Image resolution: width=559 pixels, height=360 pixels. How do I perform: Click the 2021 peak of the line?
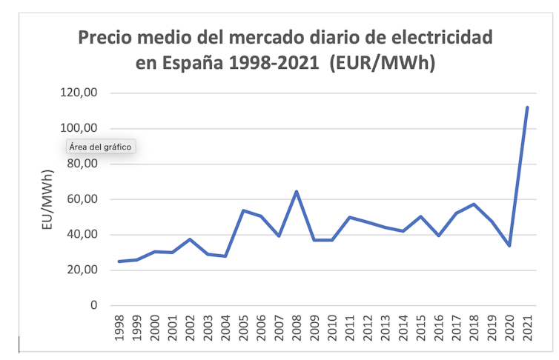coord(527,107)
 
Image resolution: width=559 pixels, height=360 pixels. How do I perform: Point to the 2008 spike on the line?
coord(297,192)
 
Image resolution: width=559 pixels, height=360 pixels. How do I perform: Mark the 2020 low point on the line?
coord(509,245)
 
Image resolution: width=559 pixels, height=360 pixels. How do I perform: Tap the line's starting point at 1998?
coord(119,261)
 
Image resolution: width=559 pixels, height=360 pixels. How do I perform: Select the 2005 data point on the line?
coord(243,210)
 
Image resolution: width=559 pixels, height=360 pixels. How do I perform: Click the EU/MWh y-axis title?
coord(48,199)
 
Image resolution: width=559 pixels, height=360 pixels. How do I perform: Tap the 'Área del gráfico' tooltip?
coord(100,147)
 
